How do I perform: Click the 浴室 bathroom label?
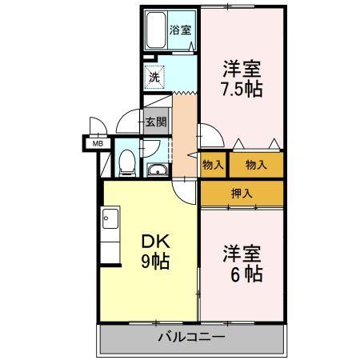(x=180, y=30)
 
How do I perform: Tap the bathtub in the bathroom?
(x=155, y=31)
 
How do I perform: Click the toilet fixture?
(x=126, y=163)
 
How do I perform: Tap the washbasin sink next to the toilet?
(x=155, y=169)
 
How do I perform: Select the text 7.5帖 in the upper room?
(x=242, y=87)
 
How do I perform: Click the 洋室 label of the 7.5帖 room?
(x=242, y=68)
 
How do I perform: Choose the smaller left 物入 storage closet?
(x=213, y=165)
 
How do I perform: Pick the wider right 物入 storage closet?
(x=256, y=165)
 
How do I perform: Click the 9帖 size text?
(x=155, y=262)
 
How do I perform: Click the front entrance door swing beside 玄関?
(x=128, y=124)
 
